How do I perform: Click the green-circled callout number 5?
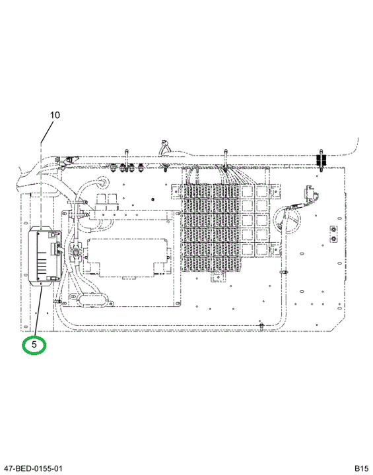coord(34,344)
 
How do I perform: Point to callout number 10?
coord(55,115)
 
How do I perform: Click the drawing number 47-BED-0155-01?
coord(32,468)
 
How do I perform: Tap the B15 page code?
coord(362,468)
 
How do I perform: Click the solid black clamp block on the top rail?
coord(321,160)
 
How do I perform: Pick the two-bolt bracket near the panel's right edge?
coord(333,234)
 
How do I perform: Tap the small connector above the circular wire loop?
coord(310,194)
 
